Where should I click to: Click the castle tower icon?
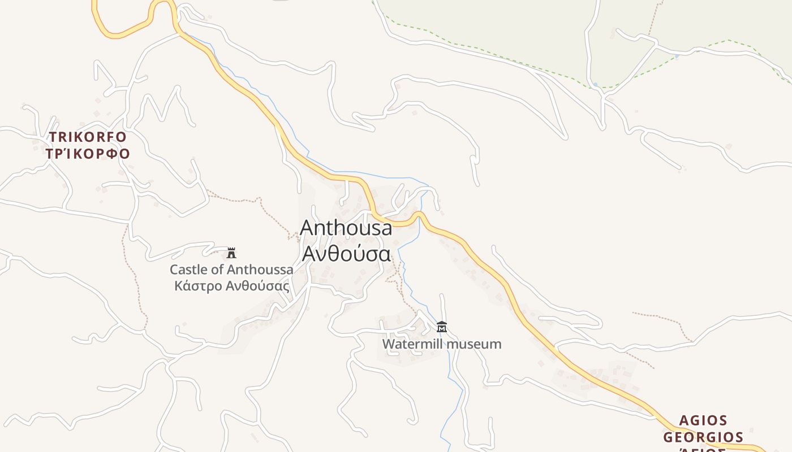231,253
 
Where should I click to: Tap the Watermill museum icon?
442,327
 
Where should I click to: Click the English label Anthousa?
346,228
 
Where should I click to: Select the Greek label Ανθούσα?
346,254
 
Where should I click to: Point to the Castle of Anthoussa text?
231,270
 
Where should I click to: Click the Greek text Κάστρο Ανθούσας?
232,286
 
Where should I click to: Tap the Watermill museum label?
442,344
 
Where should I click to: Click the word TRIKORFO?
88,137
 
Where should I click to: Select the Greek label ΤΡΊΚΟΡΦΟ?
88,154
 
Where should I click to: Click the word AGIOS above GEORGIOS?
703,420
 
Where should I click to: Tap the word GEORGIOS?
703,437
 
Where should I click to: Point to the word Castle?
189,270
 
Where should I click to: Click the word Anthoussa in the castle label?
260,270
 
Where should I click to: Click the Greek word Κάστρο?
199,286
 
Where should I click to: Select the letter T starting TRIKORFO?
53,137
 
